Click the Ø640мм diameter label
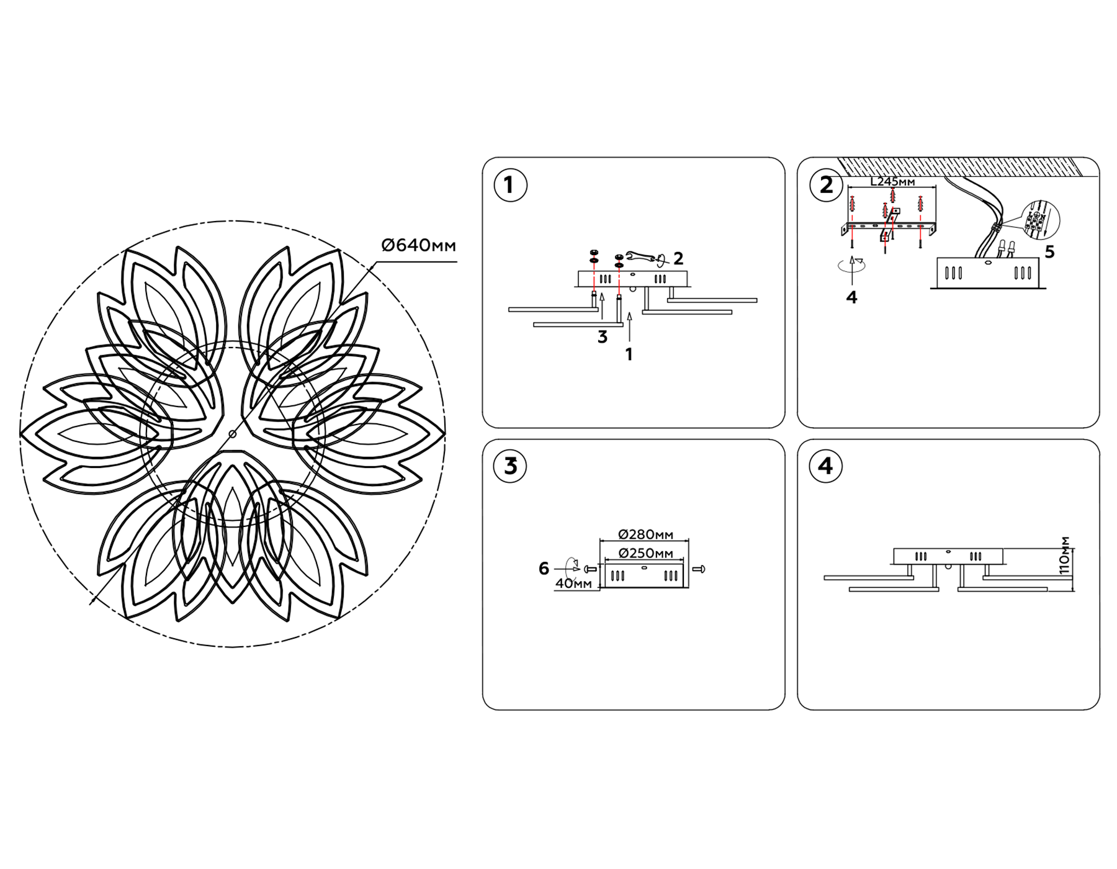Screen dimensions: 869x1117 [x=418, y=246]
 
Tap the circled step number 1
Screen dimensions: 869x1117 [x=510, y=185]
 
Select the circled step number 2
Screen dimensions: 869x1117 [x=826, y=185]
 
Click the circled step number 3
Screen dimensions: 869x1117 [x=510, y=466]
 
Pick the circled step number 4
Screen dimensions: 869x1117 [x=825, y=466]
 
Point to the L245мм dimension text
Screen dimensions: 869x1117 [x=892, y=182]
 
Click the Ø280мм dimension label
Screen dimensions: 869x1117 [x=646, y=534]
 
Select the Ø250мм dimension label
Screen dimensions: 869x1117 [x=646, y=553]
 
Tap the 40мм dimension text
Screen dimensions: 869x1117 [x=573, y=583]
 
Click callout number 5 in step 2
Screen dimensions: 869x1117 [x=1049, y=252]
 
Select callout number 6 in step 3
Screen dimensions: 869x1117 [x=544, y=568]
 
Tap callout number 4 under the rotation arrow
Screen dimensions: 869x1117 [x=851, y=297]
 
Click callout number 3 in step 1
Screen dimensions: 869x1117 [x=602, y=337]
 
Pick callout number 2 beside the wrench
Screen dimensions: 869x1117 [x=678, y=258]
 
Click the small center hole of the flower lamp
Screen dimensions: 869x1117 [x=232, y=434]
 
